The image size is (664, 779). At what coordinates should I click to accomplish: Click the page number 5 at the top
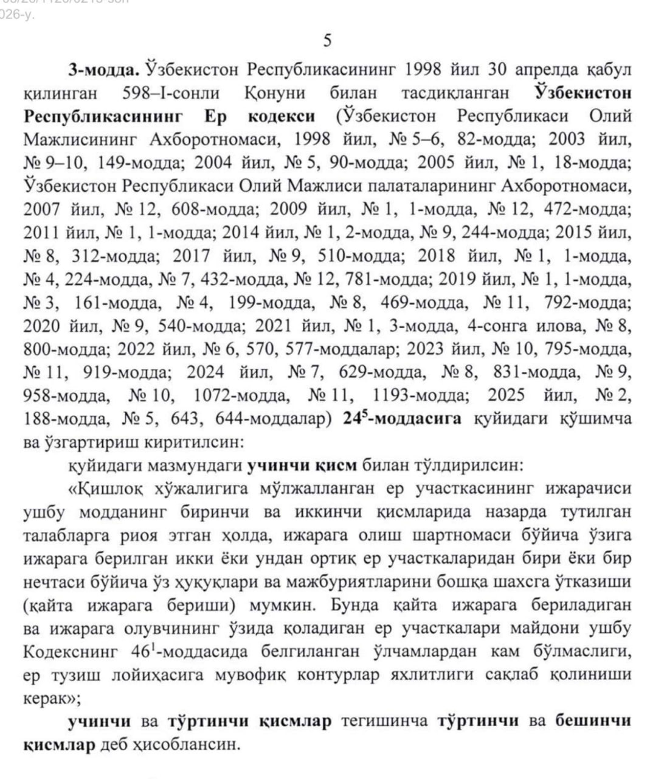click(328, 41)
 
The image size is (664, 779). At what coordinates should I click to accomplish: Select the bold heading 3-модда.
click(105, 69)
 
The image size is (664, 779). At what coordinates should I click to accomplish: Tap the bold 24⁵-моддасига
click(402, 419)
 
